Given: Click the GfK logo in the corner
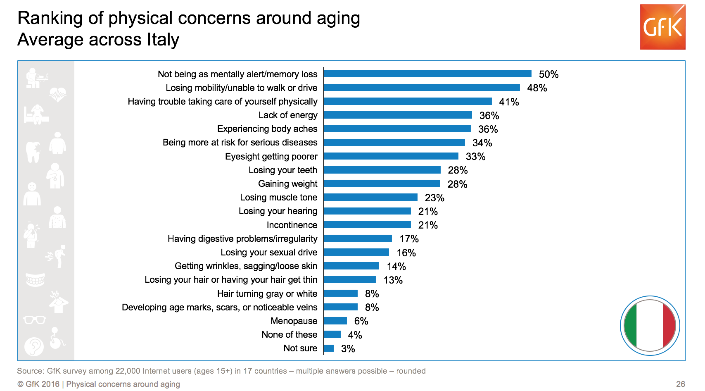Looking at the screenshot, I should coord(662,27).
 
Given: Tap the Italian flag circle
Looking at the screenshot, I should coord(650,325).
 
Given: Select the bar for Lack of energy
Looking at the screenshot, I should coord(398,115).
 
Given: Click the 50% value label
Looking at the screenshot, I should coord(548,74).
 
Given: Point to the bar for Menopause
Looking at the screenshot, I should coord(335,321).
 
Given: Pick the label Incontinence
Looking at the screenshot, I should coord(292,225).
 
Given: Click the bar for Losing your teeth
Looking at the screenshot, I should coord(382,170).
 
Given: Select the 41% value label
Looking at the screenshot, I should coord(509,102).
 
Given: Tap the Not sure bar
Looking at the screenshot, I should coord(329,348).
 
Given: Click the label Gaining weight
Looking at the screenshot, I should coord(287,184).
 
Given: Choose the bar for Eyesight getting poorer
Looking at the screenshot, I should coord(391,156).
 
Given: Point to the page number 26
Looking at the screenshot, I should coord(680,384).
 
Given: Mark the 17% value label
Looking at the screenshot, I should coord(409,239).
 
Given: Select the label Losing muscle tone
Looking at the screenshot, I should coord(278,198).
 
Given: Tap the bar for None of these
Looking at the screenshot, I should coord(332,334).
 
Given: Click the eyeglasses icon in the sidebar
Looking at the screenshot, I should coord(35,319).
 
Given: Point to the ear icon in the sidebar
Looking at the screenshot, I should coord(34,346).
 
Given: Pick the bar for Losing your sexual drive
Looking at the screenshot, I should coord(356,252).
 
